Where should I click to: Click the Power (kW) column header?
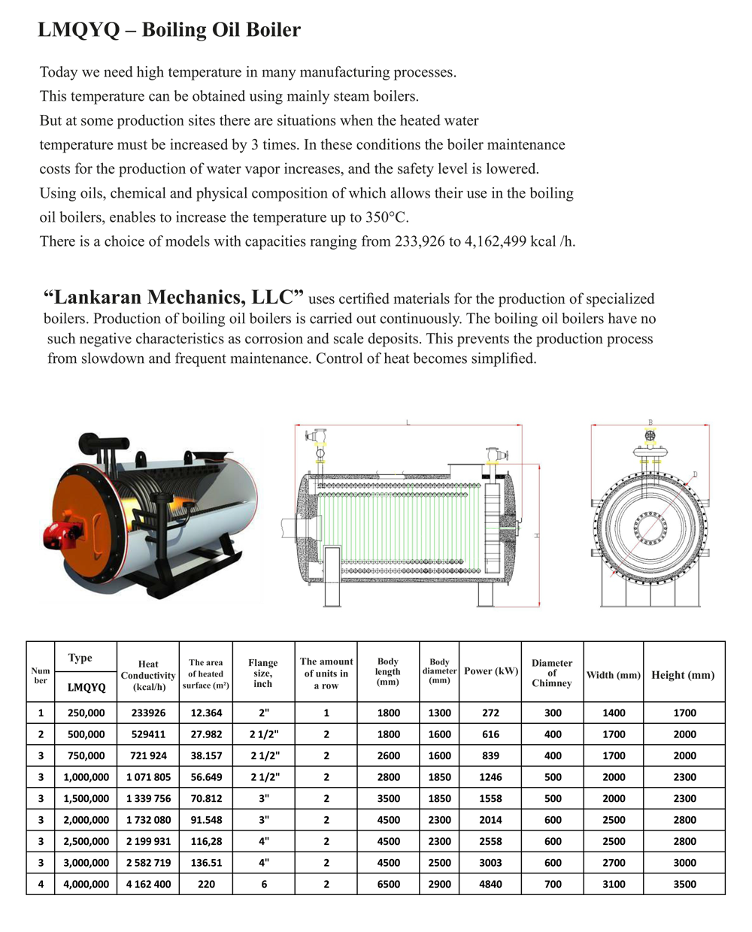click(x=491, y=671)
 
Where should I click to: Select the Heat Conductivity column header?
click(x=148, y=675)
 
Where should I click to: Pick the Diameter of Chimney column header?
click(x=552, y=673)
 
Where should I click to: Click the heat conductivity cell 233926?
click(x=147, y=713)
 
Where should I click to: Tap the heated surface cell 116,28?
click(x=206, y=841)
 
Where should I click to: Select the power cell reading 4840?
click(x=490, y=884)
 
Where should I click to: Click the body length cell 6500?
click(x=388, y=884)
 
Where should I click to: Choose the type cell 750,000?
click(x=86, y=755)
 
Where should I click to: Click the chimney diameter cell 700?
click(x=553, y=884)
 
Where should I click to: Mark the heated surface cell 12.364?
click(x=206, y=713)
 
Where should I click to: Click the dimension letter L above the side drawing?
click(x=408, y=422)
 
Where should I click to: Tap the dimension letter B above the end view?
click(x=650, y=422)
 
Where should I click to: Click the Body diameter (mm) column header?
click(x=439, y=671)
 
